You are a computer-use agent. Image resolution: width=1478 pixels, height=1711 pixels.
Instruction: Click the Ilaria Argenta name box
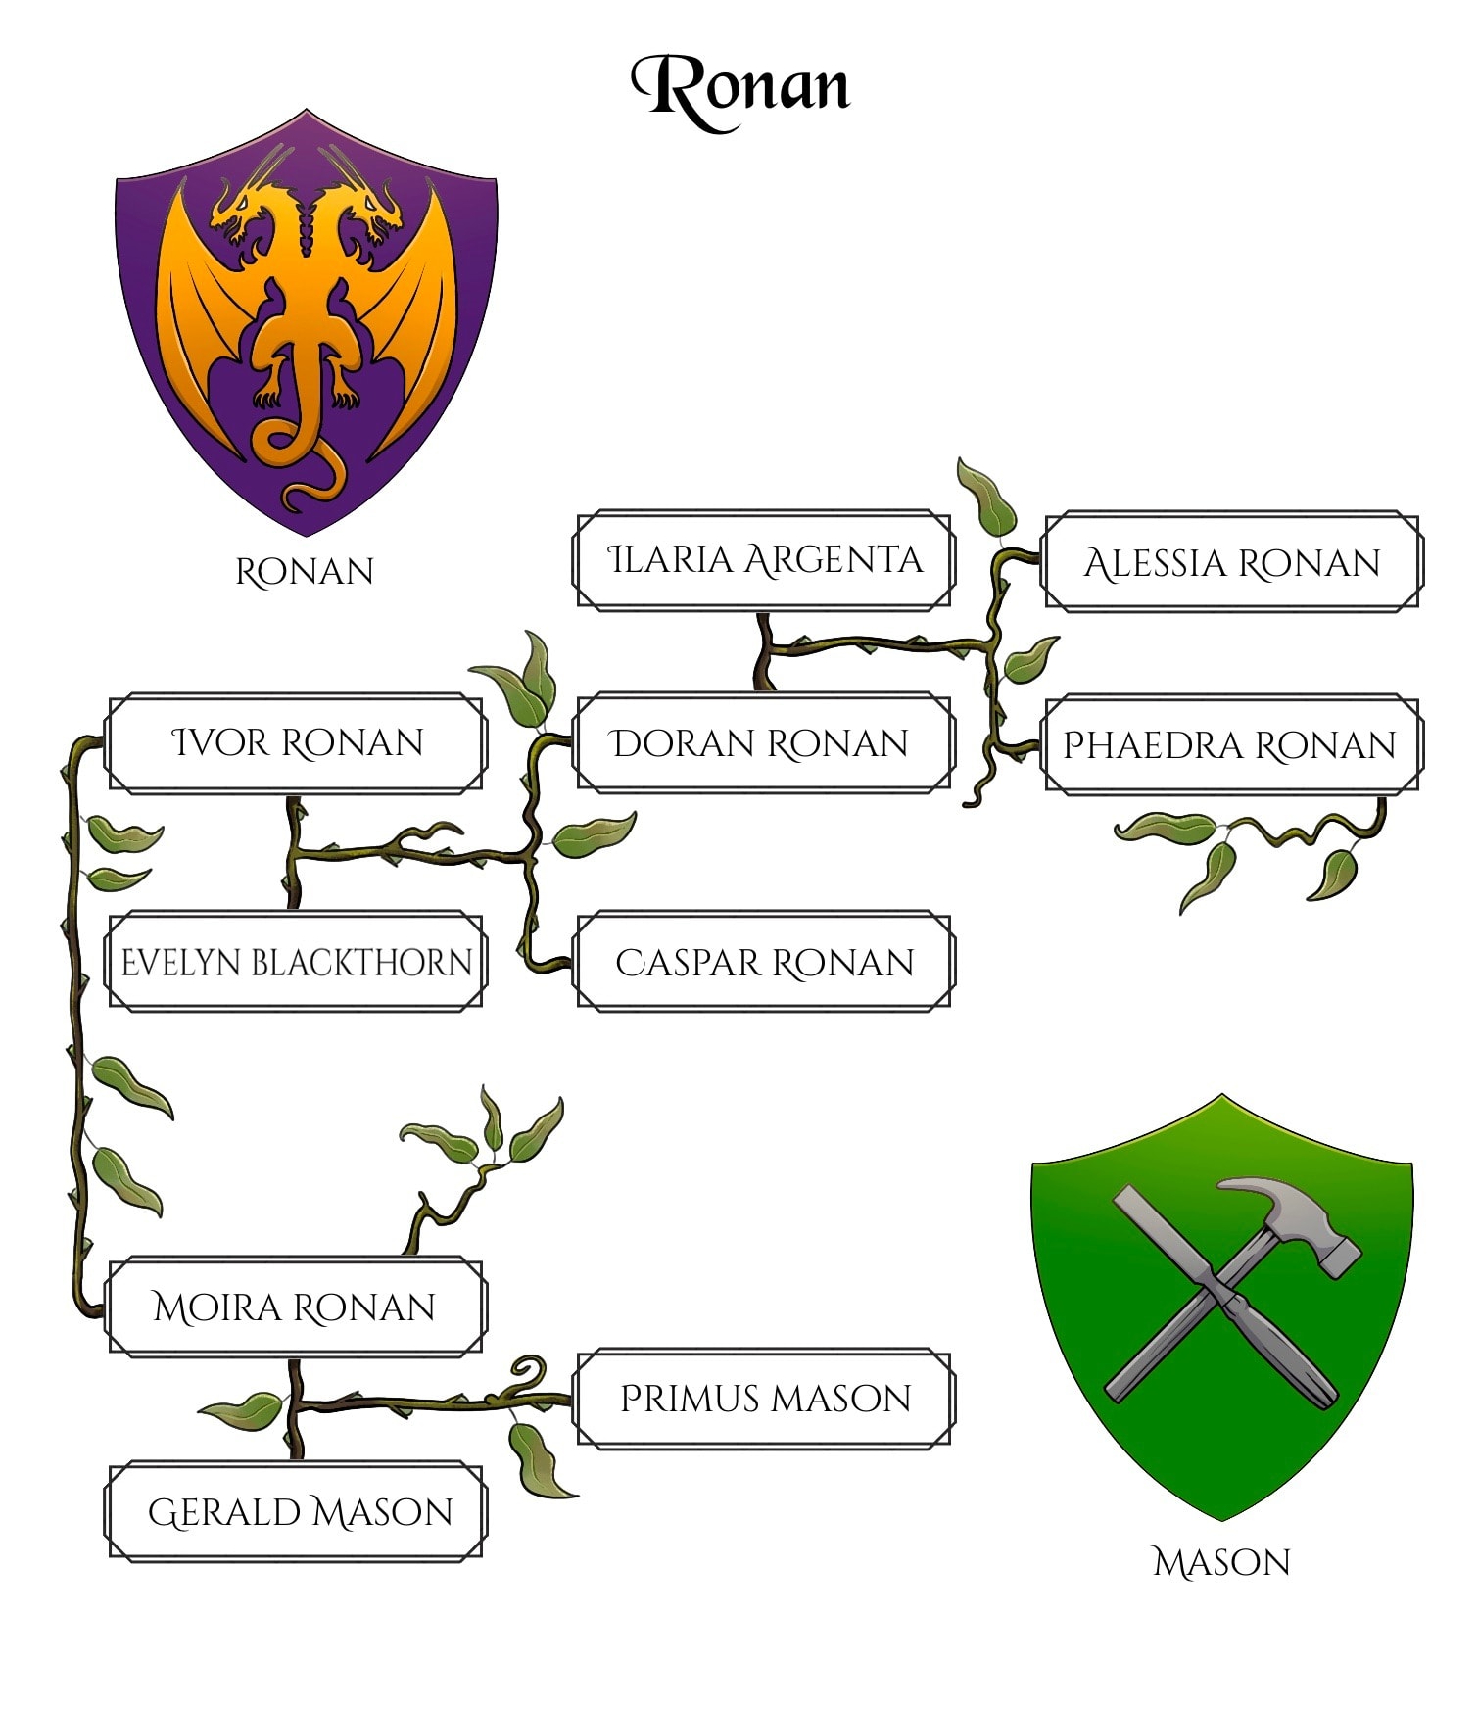[763, 560]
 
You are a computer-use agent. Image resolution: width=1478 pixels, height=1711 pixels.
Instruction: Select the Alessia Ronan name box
[1231, 562]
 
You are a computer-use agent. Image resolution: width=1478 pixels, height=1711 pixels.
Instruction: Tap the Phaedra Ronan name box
[1231, 744]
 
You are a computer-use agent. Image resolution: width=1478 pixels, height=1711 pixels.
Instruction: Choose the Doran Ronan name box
[763, 743]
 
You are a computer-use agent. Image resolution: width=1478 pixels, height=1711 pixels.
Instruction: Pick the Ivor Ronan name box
[296, 742]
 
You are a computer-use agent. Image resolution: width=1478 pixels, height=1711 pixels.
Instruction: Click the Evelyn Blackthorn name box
[296, 962]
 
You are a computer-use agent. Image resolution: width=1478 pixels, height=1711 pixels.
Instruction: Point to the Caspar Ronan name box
[763, 962]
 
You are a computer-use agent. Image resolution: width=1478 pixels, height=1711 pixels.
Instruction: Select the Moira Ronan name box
[296, 1307]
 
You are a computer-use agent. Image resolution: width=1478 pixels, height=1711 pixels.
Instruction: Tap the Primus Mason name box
[763, 1398]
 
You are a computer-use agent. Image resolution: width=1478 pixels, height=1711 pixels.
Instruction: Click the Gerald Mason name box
[296, 1511]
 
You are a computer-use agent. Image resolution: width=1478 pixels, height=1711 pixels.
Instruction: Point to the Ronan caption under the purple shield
[305, 571]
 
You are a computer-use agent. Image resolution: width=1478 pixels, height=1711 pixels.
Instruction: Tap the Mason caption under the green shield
[1221, 1561]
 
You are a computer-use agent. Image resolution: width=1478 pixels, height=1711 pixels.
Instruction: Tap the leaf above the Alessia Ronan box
[986, 497]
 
